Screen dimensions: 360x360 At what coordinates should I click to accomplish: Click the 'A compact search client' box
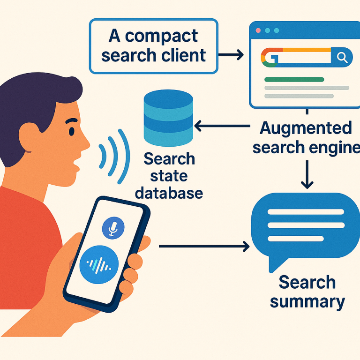click(x=153, y=46)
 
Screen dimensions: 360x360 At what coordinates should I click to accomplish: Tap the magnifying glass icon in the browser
click(x=342, y=58)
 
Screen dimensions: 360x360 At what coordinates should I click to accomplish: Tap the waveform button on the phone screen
click(x=99, y=265)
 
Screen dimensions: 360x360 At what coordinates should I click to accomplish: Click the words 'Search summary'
click(x=307, y=292)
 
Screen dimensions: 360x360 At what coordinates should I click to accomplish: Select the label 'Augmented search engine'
click(x=306, y=138)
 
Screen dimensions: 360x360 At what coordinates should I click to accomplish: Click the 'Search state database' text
click(x=169, y=176)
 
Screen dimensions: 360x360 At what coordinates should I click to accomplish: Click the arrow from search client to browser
click(x=232, y=55)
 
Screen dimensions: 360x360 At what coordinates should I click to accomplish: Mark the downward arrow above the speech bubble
click(x=307, y=174)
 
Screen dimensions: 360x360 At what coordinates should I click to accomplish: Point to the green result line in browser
click(x=294, y=80)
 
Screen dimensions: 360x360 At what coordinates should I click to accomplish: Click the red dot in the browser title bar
click(x=258, y=30)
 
